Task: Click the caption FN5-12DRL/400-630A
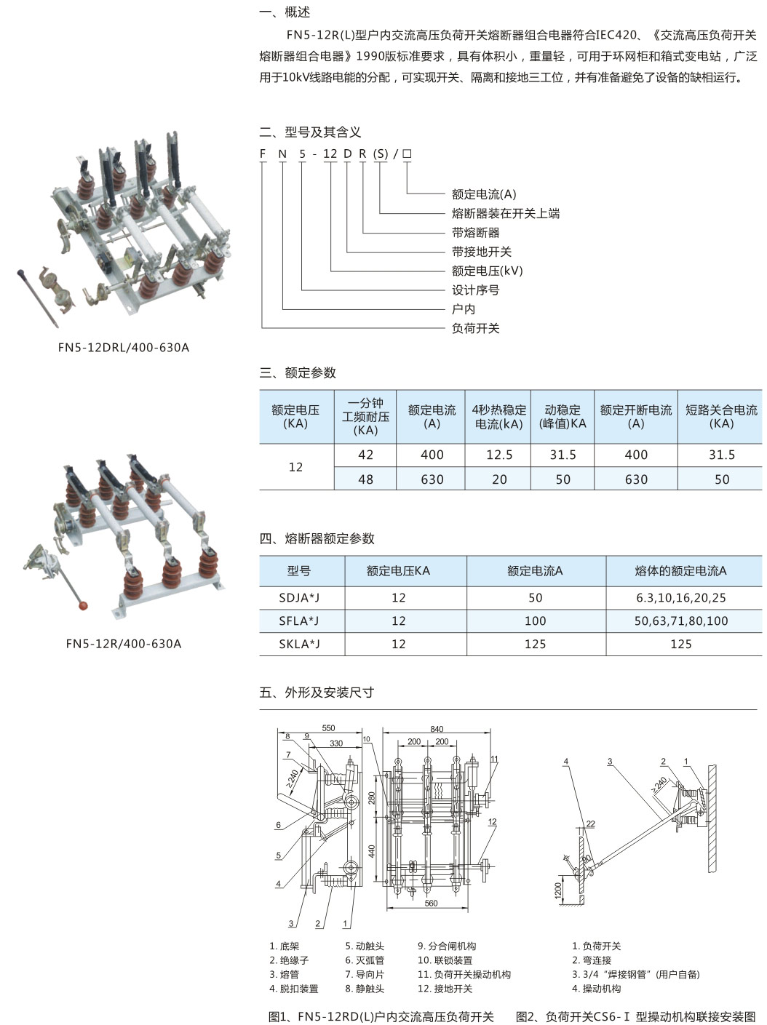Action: tap(123, 348)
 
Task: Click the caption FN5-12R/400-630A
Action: tap(123, 644)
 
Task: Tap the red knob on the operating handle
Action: tap(83, 605)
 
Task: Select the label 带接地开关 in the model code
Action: tap(481, 252)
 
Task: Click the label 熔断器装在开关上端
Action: tap(505, 213)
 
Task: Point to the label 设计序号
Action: tap(475, 290)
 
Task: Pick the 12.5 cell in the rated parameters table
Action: tap(499, 455)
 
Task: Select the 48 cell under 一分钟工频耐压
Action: tap(365, 479)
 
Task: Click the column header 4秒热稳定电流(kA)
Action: tap(499, 417)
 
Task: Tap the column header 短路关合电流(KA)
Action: tap(720, 417)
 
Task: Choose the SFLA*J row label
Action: tap(298, 621)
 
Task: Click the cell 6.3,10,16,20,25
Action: tap(680, 597)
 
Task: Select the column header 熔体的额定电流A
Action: tap(680, 571)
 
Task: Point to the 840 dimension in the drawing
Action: tap(437, 729)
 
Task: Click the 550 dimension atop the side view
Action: tap(328, 728)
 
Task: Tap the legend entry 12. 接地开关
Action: tap(445, 989)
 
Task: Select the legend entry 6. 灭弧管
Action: tap(365, 960)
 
